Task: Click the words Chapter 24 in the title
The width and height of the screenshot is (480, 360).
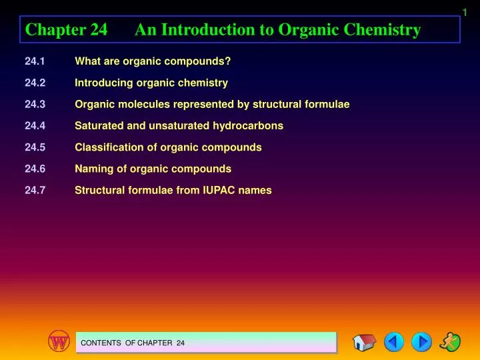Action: pyautogui.click(x=66, y=30)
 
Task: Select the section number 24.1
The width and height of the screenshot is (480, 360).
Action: pyautogui.click(x=35, y=62)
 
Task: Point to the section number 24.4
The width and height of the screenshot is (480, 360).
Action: pyautogui.click(x=35, y=126)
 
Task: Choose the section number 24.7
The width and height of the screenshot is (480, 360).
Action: pyautogui.click(x=35, y=190)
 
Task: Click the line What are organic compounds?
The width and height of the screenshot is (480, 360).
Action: pyautogui.click(x=153, y=62)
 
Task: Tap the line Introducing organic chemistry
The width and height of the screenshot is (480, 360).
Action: pyautogui.click(x=151, y=83)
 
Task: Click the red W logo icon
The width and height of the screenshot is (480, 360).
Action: pyautogui.click(x=59, y=342)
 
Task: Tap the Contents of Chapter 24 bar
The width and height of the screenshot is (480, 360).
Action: pyautogui.click(x=205, y=343)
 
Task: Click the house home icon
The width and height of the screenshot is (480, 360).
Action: pyautogui.click(x=364, y=343)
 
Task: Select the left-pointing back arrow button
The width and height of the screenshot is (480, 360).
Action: pyautogui.click(x=394, y=343)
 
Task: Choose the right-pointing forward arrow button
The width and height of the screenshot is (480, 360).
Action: pyautogui.click(x=421, y=343)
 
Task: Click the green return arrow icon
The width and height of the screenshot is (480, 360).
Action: pyautogui.click(x=451, y=342)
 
